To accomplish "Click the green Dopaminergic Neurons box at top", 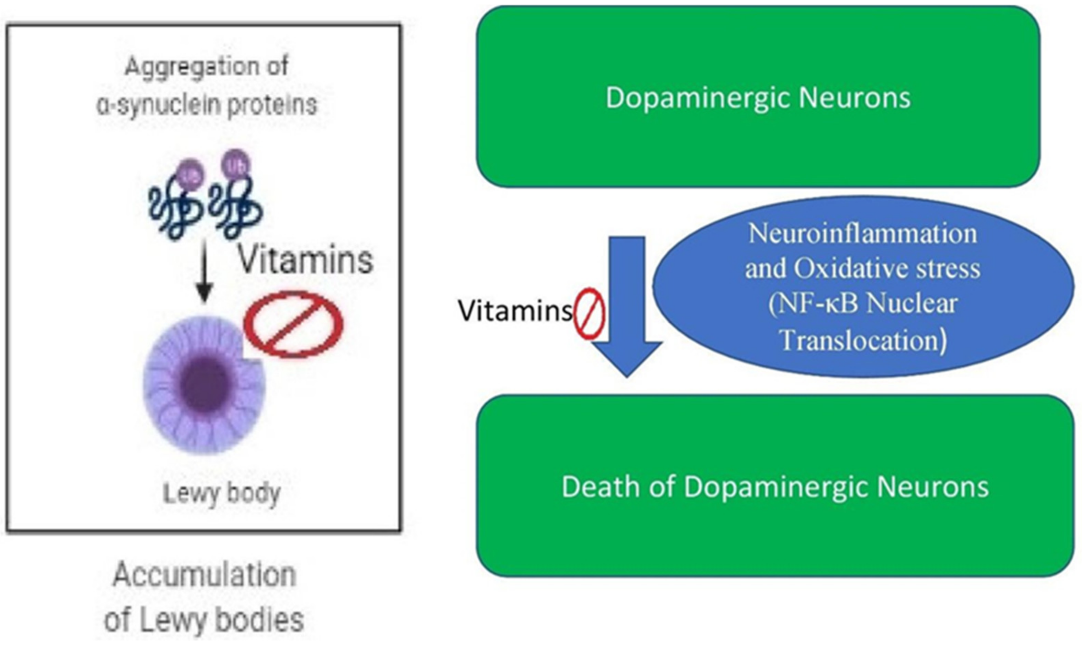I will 758,96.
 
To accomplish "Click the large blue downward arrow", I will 626,304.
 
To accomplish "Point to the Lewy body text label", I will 221,494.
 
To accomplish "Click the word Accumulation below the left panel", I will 205,575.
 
